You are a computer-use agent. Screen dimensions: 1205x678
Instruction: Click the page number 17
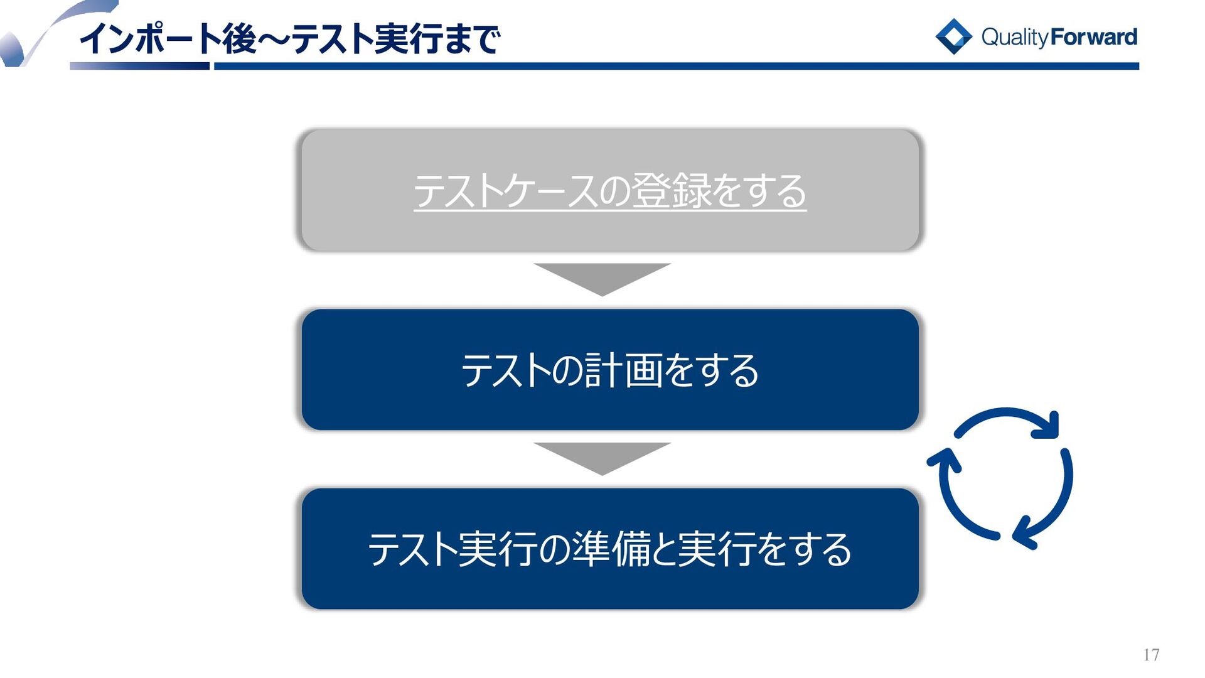tap(1151, 655)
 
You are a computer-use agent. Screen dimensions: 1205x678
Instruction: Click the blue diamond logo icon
tap(953, 36)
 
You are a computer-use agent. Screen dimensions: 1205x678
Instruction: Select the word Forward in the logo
tap(1093, 37)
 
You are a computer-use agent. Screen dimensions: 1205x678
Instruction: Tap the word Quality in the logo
tap(1015, 37)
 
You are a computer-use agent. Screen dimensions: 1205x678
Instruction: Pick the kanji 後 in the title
tap(238, 39)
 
